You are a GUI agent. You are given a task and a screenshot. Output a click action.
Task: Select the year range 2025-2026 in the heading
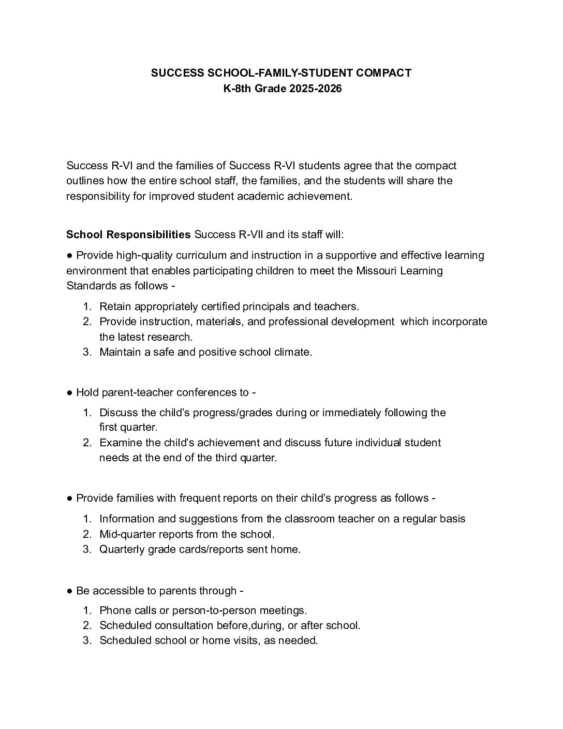[316, 89]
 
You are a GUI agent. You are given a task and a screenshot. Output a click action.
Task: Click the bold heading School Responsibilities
[128, 235]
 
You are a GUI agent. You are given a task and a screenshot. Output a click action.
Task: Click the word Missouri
[376, 271]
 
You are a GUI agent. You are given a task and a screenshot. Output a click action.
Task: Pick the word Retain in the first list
[115, 307]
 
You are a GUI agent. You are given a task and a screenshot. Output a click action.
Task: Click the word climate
[293, 353]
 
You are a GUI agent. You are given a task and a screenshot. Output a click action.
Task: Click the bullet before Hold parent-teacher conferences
[69, 392]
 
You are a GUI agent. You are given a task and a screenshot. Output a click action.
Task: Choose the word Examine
[120, 443]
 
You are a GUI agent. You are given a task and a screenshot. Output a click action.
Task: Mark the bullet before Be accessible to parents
[69, 591]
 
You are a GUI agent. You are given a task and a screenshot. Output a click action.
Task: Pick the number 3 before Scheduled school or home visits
[87, 641]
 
